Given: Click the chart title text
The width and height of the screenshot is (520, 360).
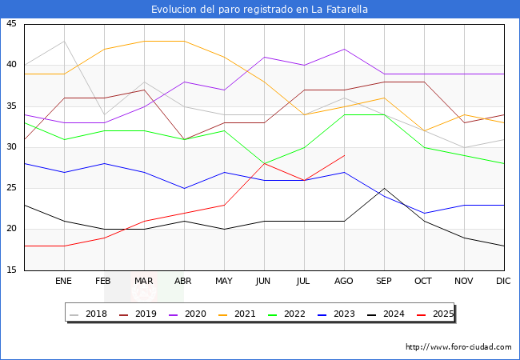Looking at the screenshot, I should pos(260,10).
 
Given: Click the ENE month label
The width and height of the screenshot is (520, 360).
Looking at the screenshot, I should pos(64,282).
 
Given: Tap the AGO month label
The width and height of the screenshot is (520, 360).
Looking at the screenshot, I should pos(344,282).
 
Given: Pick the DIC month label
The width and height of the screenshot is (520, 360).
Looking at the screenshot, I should pos(504,282).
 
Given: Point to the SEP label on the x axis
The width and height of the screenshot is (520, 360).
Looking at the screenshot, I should pos(384,282).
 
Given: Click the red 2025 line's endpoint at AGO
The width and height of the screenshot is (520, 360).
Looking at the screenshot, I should pos(344,155).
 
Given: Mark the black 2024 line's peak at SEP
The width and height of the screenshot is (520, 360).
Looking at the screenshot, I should pos(384,188).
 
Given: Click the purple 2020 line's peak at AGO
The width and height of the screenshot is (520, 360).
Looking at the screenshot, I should pos(344,49).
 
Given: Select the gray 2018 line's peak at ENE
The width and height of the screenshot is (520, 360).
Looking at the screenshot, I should pos(64,41).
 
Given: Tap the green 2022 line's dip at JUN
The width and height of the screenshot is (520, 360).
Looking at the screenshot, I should pos(264,163).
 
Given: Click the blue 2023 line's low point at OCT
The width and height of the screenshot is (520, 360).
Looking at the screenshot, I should pos(424,213).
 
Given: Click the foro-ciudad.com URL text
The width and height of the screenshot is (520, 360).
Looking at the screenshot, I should pos(458,347).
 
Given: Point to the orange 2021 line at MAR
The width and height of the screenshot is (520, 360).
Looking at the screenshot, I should pos(144,41).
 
